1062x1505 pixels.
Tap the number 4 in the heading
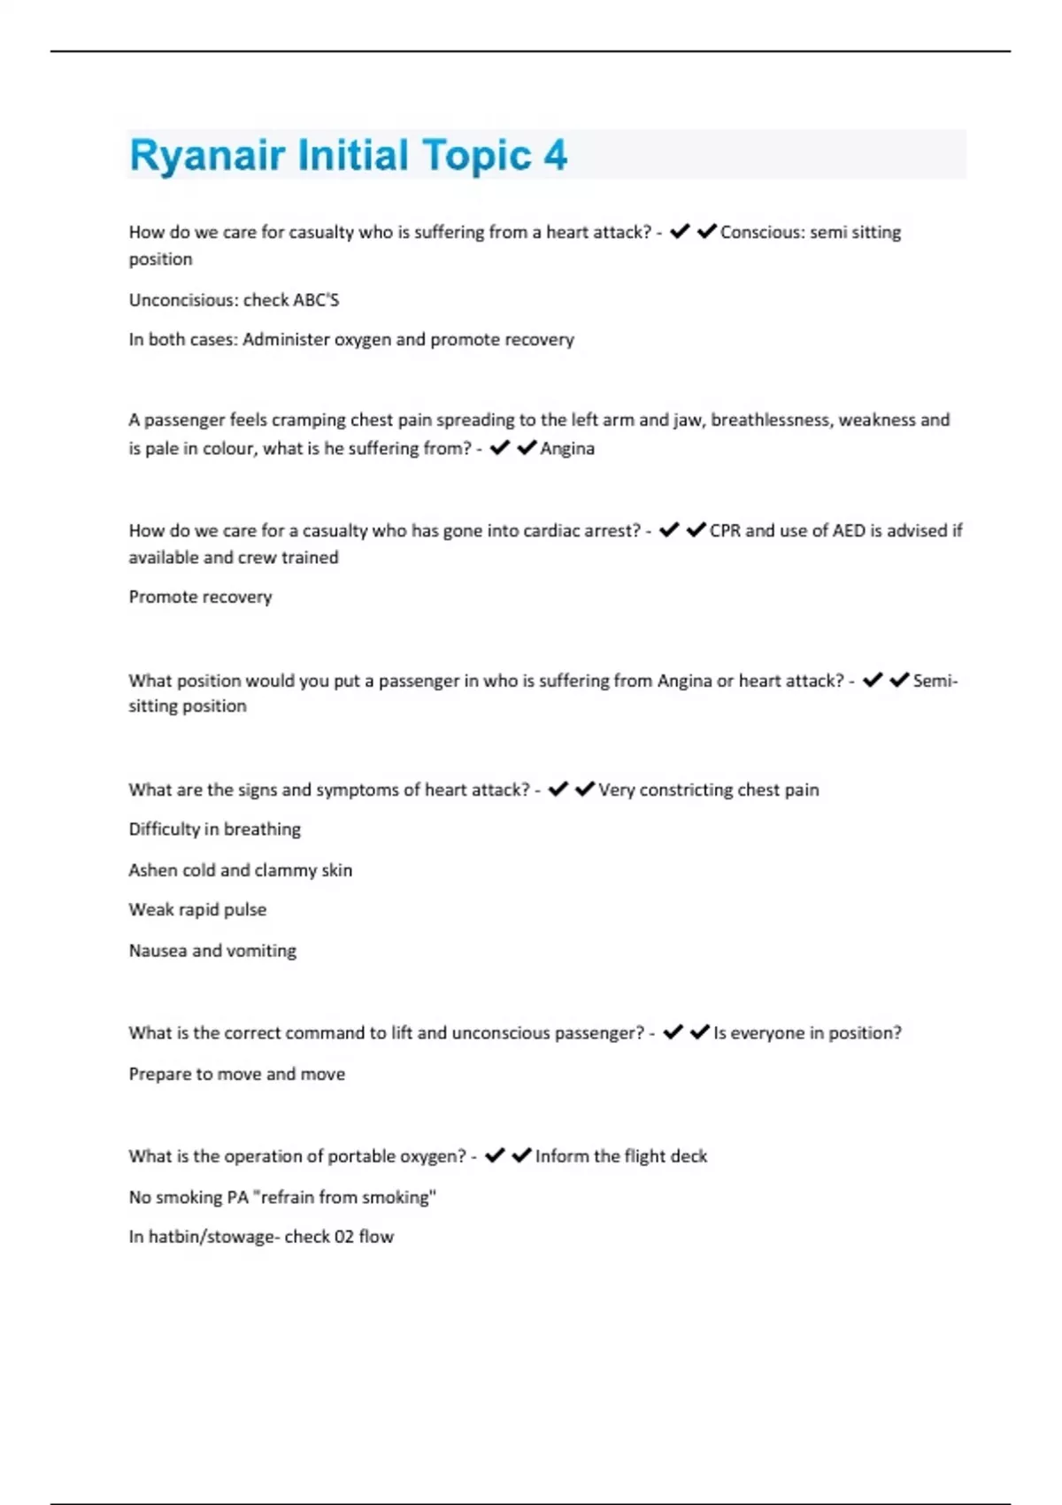pyautogui.click(x=555, y=156)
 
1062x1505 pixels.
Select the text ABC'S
pyautogui.click(x=316, y=300)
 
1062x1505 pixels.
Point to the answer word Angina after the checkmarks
pyautogui.click(x=567, y=449)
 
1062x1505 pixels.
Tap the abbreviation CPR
pyautogui.click(x=725, y=530)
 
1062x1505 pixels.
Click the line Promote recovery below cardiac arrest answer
pyautogui.click(x=200, y=598)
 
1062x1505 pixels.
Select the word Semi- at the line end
pyautogui.click(x=935, y=681)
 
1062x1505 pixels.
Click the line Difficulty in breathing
pyautogui.click(x=214, y=830)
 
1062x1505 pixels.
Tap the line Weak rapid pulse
pyautogui.click(x=197, y=910)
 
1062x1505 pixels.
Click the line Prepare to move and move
pyautogui.click(x=236, y=1074)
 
